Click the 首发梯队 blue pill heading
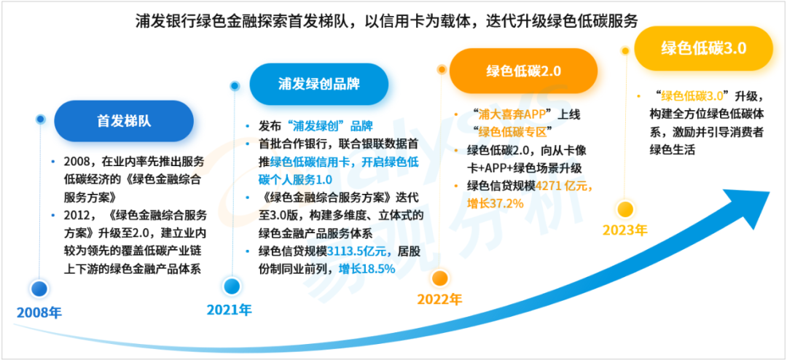coord(124,121)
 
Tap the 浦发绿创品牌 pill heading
coord(318,84)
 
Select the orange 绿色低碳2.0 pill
coord(523,71)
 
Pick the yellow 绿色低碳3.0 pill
coord(703,48)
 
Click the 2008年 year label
coord(39,313)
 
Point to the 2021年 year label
coord(229,310)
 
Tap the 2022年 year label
coord(439,300)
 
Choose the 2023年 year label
coord(625,230)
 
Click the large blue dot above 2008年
coord(39,289)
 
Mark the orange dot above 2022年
coord(439,277)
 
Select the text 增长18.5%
coord(367,269)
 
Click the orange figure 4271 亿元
coord(564,186)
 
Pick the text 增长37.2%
coord(496,203)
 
